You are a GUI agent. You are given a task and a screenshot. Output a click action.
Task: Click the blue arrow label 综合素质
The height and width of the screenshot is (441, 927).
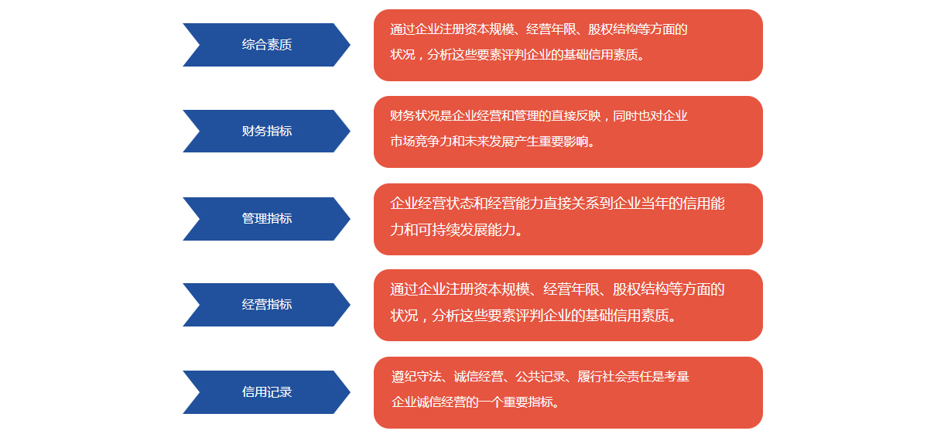[267, 45]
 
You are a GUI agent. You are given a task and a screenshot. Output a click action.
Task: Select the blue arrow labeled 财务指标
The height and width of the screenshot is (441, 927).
[267, 132]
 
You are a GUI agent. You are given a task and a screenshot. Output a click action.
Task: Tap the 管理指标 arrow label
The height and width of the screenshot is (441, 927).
[267, 219]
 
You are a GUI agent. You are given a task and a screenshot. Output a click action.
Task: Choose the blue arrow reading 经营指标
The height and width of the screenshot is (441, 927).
[267, 305]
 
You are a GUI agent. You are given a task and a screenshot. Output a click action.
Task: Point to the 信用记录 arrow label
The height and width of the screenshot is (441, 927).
[267, 392]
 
